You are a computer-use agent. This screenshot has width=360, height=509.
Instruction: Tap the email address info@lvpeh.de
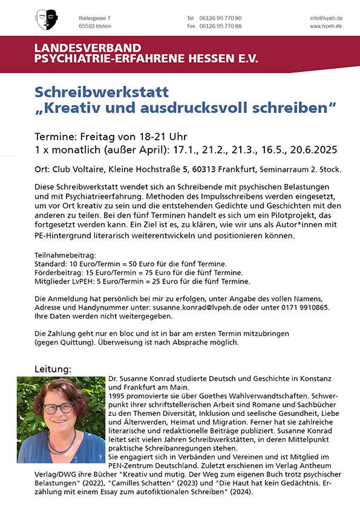tap(326, 18)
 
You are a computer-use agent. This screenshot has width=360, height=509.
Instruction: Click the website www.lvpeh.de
tap(326, 26)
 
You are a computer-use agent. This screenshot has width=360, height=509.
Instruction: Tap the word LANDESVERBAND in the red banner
tap(88, 48)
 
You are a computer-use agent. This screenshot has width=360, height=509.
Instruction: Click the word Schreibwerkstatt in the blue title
tap(102, 92)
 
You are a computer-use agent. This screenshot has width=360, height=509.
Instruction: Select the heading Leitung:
tap(53, 368)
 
